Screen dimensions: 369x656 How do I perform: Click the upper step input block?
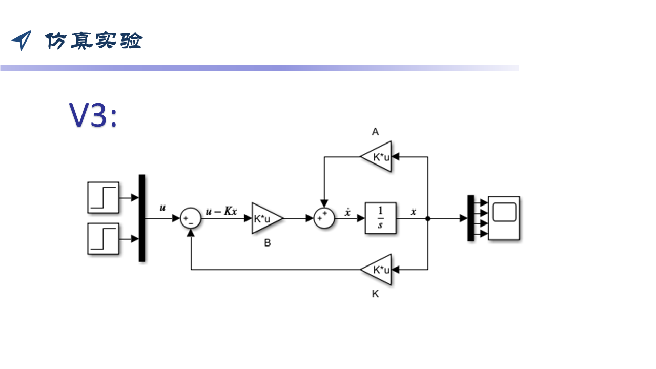[x=103, y=197]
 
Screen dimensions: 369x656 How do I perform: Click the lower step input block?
[x=103, y=239]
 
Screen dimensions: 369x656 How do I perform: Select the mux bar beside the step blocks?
[x=142, y=218]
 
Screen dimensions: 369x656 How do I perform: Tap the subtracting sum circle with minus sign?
[x=191, y=218]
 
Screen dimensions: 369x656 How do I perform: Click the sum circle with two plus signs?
[x=323, y=218]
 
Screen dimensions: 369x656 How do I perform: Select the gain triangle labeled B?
[x=265, y=218]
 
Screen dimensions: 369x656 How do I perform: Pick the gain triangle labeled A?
[x=378, y=157]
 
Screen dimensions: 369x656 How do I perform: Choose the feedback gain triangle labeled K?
[x=378, y=270]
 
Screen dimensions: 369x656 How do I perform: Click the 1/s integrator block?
[x=380, y=218]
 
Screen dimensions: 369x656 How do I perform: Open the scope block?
[x=504, y=218]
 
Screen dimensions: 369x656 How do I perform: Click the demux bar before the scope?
[x=470, y=218]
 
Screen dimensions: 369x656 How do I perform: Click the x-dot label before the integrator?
[x=347, y=212]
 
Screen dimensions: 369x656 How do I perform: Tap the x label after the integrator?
[x=413, y=212]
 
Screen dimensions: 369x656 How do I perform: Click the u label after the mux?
[x=163, y=208]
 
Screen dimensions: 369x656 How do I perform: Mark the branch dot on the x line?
[x=428, y=218]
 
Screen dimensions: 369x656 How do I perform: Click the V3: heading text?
[x=94, y=116]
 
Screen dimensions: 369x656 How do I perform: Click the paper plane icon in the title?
[x=22, y=40]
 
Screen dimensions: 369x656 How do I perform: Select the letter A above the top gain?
[x=375, y=132]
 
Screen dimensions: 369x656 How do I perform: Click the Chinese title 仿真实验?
[x=93, y=40]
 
